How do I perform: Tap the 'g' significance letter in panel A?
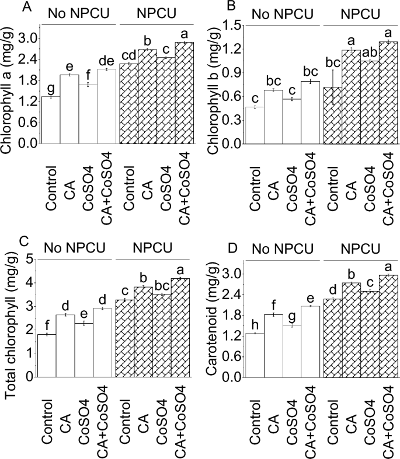pyautogui.click(x=50, y=87)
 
